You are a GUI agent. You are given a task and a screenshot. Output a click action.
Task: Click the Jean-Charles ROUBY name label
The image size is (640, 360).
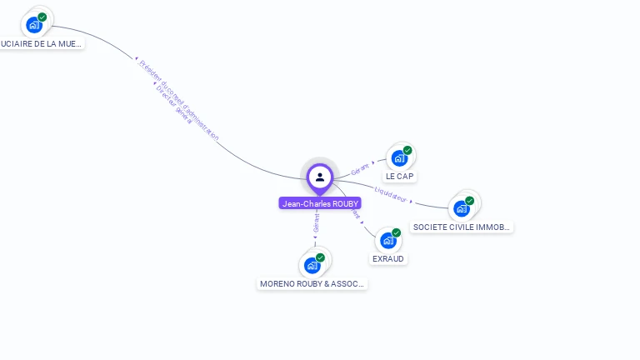pos(320,203)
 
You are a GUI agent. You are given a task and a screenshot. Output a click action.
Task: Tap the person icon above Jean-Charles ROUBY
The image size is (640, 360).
pos(320,177)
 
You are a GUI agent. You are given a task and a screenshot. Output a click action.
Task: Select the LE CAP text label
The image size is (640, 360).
pos(400,177)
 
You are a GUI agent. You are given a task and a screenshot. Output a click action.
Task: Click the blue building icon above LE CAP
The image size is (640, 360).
pos(399,158)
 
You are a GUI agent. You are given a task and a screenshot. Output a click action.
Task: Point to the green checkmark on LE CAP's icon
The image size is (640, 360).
pos(407,150)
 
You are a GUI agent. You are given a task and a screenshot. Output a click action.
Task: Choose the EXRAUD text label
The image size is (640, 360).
pos(388,259)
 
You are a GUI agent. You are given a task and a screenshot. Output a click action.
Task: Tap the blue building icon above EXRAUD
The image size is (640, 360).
pos(387,241)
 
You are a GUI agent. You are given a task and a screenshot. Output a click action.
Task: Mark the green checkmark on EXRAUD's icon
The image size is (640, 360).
pos(396,232)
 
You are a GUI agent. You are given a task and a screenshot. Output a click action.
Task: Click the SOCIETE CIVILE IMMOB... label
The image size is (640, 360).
pos(462,227)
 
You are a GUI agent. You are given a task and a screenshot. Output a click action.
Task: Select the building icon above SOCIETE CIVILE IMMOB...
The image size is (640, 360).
pos(461,208)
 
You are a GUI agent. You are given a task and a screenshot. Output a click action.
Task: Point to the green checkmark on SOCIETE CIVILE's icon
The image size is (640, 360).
pos(469,201)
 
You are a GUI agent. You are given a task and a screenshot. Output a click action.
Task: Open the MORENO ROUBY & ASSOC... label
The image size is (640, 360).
pos(312,284)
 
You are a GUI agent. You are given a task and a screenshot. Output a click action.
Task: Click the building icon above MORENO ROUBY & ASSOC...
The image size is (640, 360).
pos(312,266)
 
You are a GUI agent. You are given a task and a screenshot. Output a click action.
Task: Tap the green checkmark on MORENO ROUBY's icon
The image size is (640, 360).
pos(320,257)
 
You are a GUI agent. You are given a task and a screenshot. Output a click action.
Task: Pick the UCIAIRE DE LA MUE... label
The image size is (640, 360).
pos(41,43)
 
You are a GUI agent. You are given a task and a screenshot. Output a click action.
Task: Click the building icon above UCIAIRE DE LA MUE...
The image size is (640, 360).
pos(33,24)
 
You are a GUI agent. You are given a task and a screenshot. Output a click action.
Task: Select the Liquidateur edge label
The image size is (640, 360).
pos(391,194)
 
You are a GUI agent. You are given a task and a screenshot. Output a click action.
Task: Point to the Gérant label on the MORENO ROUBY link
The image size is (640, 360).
pos(316,223)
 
